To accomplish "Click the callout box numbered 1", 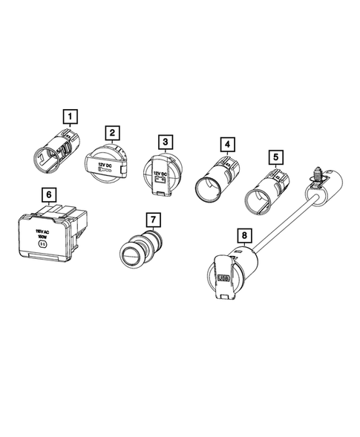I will click(70, 116).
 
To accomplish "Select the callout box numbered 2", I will click(112, 134).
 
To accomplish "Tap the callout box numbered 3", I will click(166, 140).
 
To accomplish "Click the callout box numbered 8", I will click(243, 237).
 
